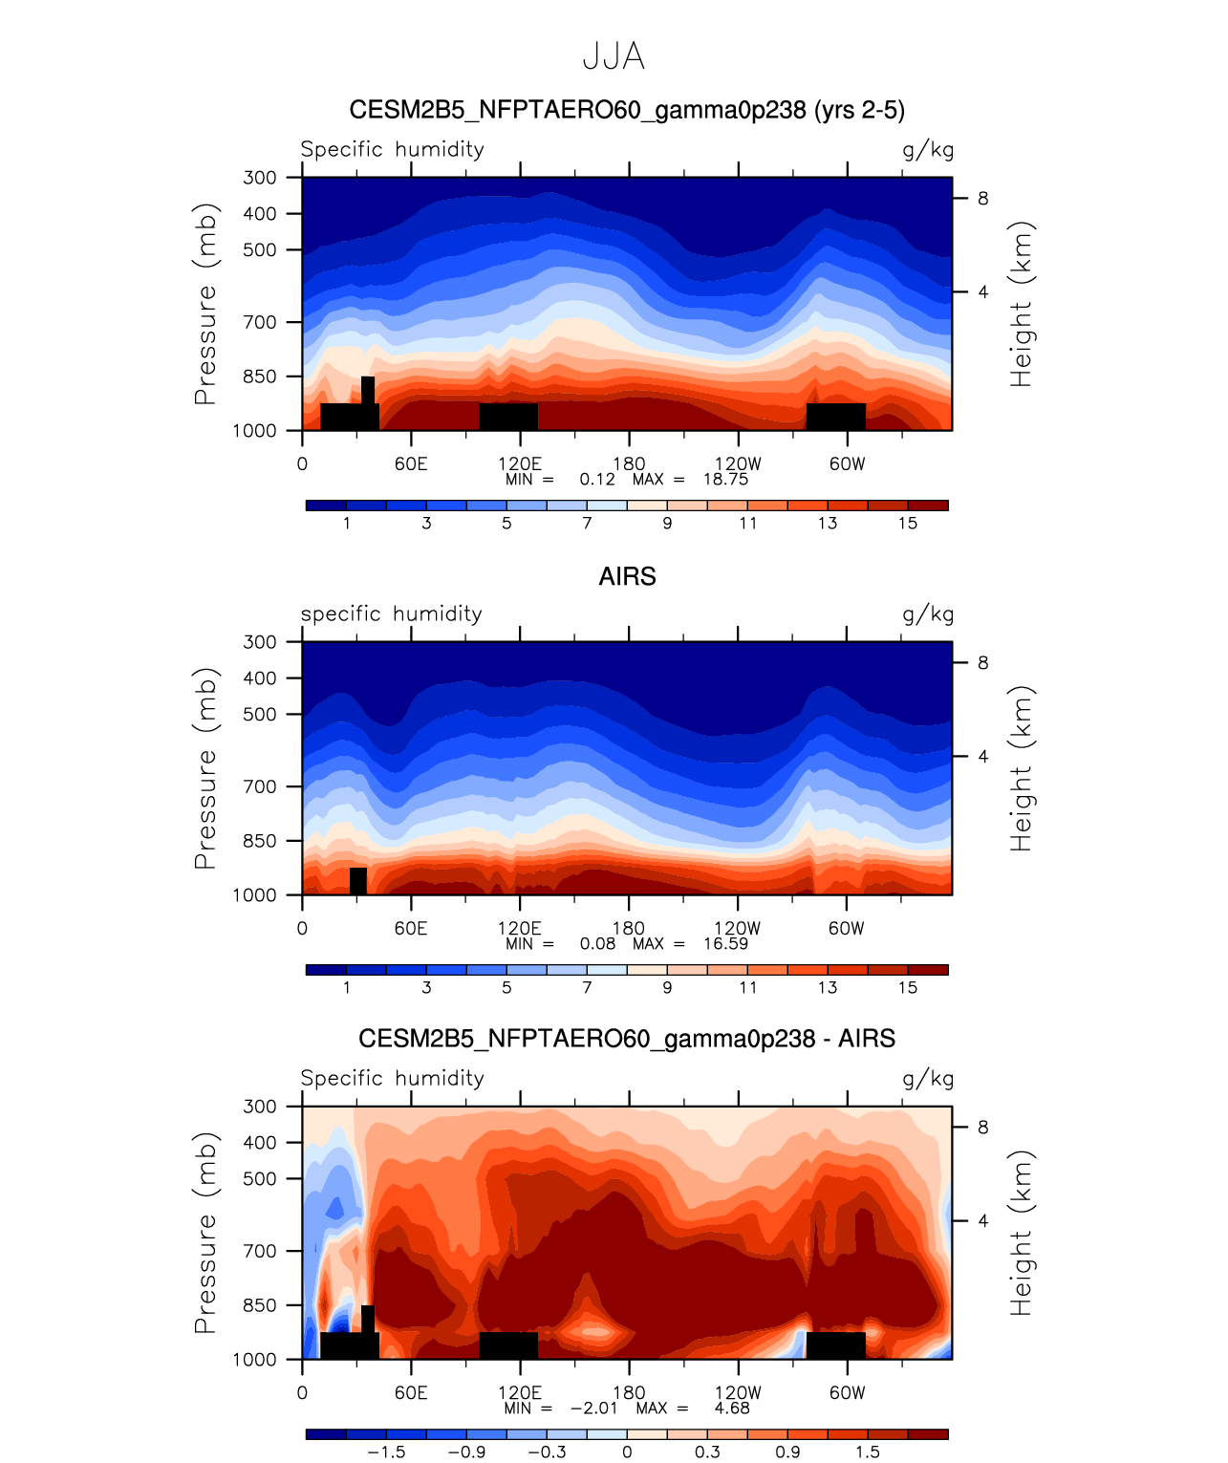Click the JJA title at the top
pyautogui.click(x=614, y=57)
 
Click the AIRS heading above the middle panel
pyautogui.click(x=627, y=576)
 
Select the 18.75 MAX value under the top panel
pyautogui.click(x=725, y=480)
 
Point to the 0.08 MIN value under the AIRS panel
pyautogui.click(x=597, y=944)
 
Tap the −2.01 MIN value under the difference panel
pyautogui.click(x=593, y=1409)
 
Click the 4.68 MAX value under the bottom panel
pyautogui.click(x=732, y=1409)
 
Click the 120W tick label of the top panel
pyautogui.click(x=738, y=464)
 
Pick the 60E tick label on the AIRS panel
pyautogui.click(x=411, y=929)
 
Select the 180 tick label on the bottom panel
pyautogui.click(x=629, y=1393)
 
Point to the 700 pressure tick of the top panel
pyautogui.click(x=260, y=322)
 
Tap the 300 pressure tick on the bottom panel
pyautogui.click(x=260, y=1107)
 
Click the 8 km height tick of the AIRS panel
pyautogui.click(x=982, y=663)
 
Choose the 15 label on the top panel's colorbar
pyautogui.click(x=908, y=524)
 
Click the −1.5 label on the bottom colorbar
pyautogui.click(x=386, y=1452)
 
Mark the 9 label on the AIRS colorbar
pyautogui.click(x=667, y=988)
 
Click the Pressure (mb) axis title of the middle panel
pyautogui.click(x=205, y=768)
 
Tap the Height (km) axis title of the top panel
pyautogui.click(x=1022, y=304)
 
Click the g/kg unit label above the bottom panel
pyautogui.click(x=928, y=1079)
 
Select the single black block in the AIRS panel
pyautogui.click(x=358, y=881)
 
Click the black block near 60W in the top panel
pyautogui.click(x=835, y=417)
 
